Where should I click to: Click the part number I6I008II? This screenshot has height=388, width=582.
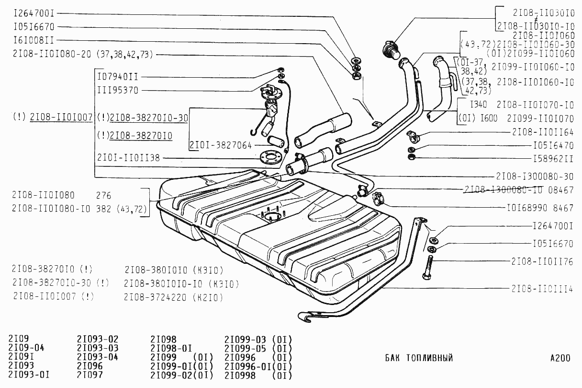[x=34, y=40]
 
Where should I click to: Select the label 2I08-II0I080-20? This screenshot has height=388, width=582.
[x=52, y=54]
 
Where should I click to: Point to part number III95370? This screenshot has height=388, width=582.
[x=117, y=90]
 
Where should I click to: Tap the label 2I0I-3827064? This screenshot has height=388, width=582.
[x=221, y=145]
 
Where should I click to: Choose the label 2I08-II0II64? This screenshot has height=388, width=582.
[x=543, y=131]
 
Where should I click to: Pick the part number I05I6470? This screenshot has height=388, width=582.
[x=553, y=144]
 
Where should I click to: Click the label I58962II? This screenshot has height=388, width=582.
[x=553, y=158]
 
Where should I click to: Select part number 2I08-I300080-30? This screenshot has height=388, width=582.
[x=535, y=176]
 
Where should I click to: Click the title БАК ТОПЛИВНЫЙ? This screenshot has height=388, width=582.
[x=419, y=358]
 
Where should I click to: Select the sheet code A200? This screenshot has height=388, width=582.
[x=560, y=358]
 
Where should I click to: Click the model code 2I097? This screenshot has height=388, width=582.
[x=90, y=375]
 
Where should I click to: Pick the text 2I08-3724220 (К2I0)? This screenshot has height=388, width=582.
[x=173, y=297]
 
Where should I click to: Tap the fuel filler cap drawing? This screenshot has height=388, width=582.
[x=390, y=49]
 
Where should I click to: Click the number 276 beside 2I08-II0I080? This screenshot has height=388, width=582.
[x=103, y=196]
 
